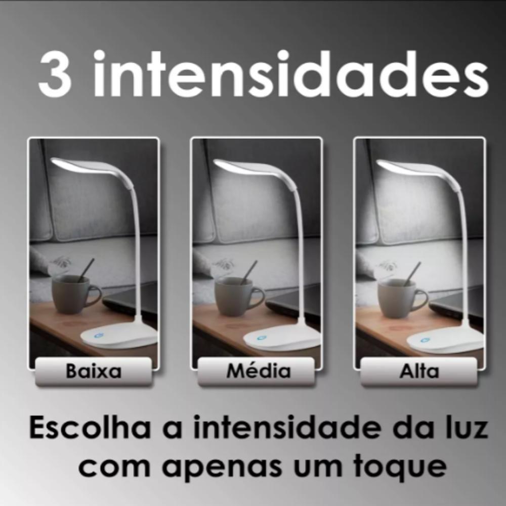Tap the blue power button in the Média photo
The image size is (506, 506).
[x=261, y=338]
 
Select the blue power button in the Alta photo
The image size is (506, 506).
[x=424, y=340]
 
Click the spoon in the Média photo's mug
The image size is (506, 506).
[x=250, y=271]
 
